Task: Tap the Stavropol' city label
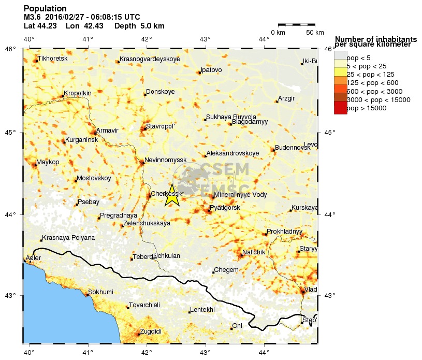click(x=161, y=126)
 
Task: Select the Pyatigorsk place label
click(x=225, y=208)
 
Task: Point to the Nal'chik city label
click(x=254, y=252)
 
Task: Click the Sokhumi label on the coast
click(x=100, y=292)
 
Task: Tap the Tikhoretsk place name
click(x=53, y=59)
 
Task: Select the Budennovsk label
click(x=293, y=148)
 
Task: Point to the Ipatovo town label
click(x=211, y=69)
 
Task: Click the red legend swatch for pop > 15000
click(x=340, y=108)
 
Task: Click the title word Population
click(x=45, y=8)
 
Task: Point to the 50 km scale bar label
click(x=315, y=33)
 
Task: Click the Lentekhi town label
click(x=202, y=310)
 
